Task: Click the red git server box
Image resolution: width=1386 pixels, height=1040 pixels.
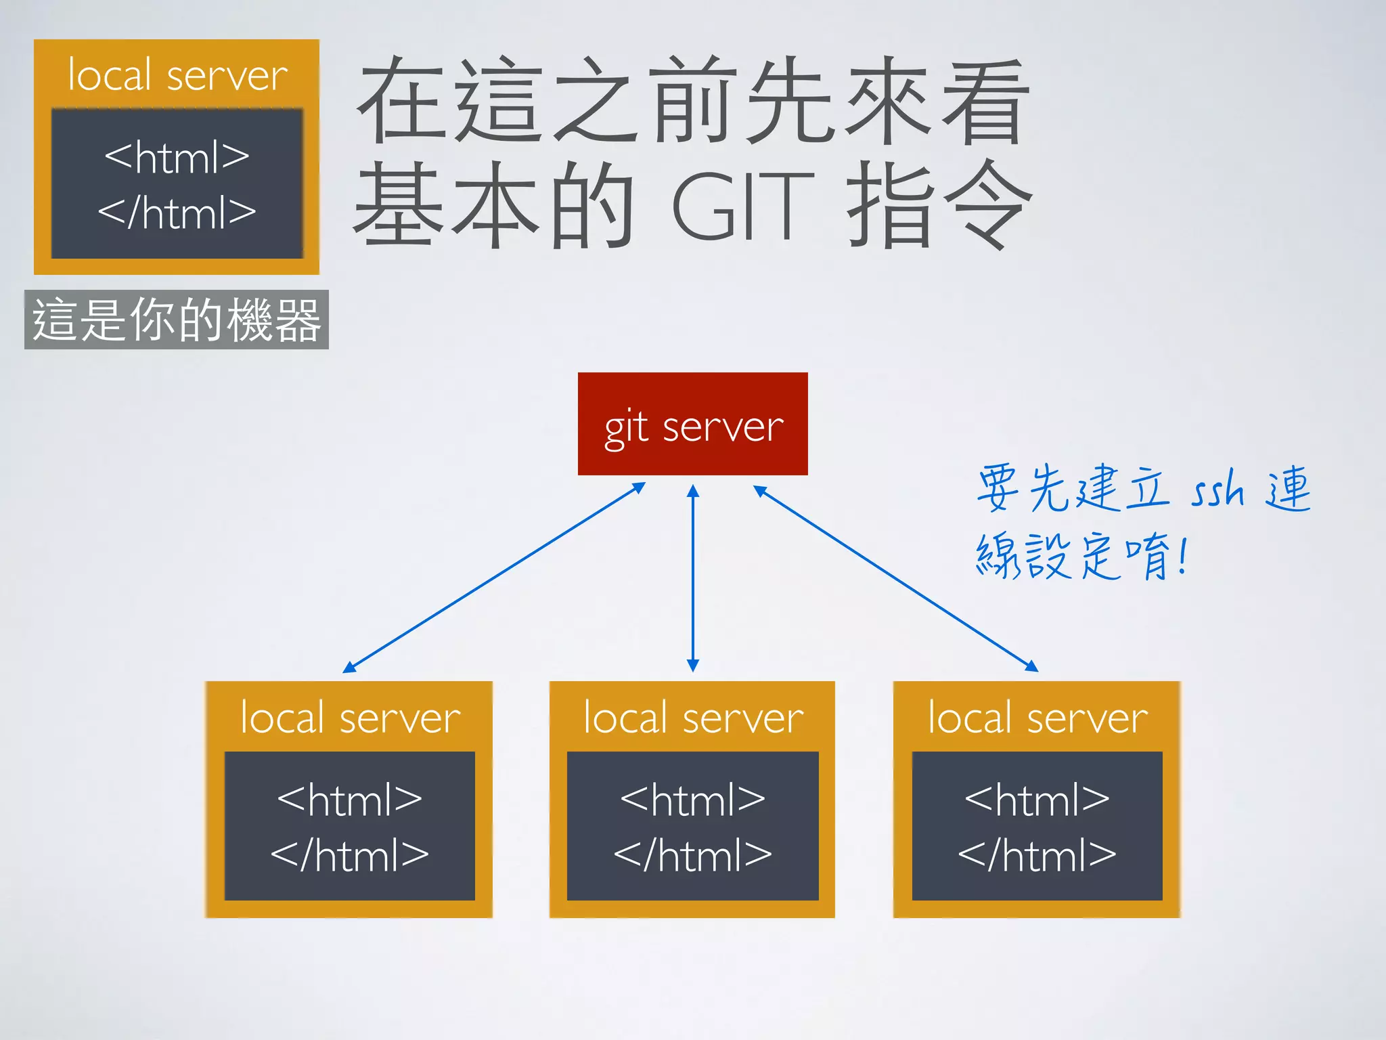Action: pos(692,424)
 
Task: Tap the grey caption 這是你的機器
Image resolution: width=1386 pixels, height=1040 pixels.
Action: pos(177,320)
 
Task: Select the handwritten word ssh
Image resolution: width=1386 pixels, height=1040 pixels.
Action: pos(1217,490)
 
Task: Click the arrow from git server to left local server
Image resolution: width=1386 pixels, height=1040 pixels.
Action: pos(494,578)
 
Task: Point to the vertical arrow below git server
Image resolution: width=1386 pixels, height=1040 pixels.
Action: pos(692,578)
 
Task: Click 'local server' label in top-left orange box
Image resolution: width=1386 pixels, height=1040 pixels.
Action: pos(177,75)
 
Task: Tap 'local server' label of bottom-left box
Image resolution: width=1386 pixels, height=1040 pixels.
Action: pos(350,718)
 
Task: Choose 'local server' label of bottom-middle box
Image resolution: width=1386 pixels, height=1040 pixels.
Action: pos(693,718)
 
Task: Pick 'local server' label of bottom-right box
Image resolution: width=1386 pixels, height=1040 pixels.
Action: pos(1037,718)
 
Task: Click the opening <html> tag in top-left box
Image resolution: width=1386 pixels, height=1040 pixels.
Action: pos(177,157)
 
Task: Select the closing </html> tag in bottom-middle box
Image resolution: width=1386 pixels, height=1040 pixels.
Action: pos(692,855)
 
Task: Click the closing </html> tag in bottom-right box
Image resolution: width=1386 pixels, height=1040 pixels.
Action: pos(1037,855)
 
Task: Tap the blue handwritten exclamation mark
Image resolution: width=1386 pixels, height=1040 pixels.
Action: pos(1182,555)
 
